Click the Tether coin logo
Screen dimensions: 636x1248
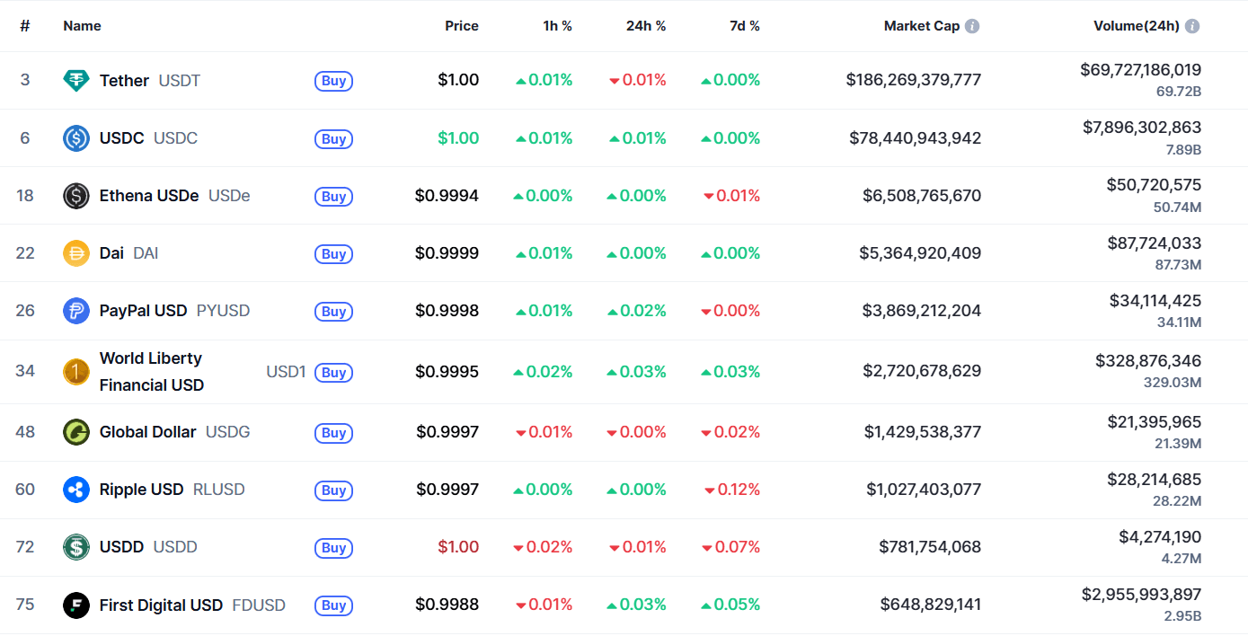[x=76, y=80]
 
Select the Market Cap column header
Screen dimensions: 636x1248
[x=921, y=26]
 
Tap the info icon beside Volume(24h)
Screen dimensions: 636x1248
[x=1192, y=26]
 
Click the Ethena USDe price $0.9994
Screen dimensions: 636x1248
[x=447, y=196]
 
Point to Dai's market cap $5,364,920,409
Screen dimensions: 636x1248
[x=919, y=253]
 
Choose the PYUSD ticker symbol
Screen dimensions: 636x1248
[x=223, y=311]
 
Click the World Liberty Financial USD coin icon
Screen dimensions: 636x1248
[x=76, y=372]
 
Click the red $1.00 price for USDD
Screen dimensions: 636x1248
[x=457, y=547]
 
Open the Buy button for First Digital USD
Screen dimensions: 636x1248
[x=333, y=605]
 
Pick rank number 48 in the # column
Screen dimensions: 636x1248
[x=25, y=432]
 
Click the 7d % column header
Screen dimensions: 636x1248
[x=744, y=26]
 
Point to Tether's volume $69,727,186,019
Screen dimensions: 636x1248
[x=1140, y=69]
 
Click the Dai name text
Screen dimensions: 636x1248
[x=111, y=253]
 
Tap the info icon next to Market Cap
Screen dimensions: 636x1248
[x=972, y=26]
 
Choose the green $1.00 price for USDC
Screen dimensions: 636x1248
[x=457, y=138]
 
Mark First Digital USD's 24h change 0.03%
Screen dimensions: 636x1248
[x=637, y=605]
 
